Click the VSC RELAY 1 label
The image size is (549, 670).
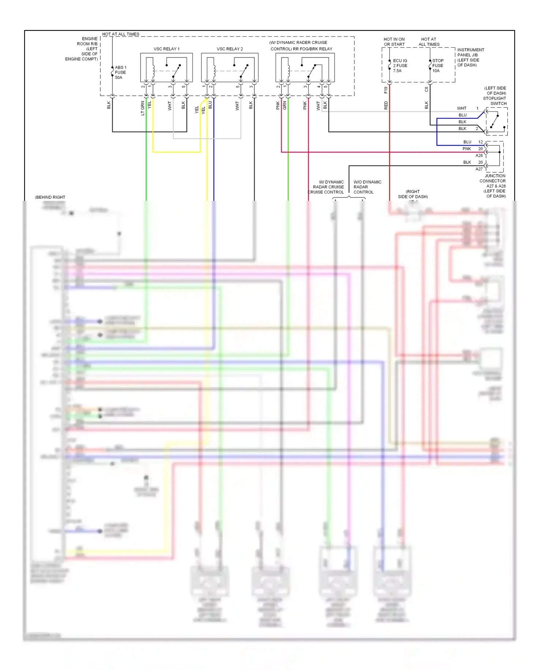pyautogui.click(x=167, y=49)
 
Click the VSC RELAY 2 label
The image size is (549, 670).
pyautogui.click(x=229, y=49)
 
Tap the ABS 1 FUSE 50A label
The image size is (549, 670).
pyautogui.click(x=120, y=73)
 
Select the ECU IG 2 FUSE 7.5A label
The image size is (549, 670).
pyautogui.click(x=400, y=66)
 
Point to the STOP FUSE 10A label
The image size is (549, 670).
pyautogui.click(x=438, y=66)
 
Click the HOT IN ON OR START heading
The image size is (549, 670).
pyautogui.click(x=394, y=42)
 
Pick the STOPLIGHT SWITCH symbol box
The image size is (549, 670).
pyautogui.click(x=496, y=122)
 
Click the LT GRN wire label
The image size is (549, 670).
pyautogui.click(x=143, y=108)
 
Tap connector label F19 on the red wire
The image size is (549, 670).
pyautogui.click(x=386, y=90)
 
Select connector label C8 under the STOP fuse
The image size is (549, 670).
pyautogui.click(x=426, y=89)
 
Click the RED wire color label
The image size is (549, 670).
pyautogui.click(x=386, y=106)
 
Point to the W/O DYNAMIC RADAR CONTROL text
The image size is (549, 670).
pyautogui.click(x=367, y=187)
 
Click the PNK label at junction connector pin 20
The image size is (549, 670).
pyautogui.click(x=467, y=149)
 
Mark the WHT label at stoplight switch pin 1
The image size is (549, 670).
pyautogui.click(x=462, y=108)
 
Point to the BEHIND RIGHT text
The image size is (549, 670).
pyautogui.click(x=50, y=197)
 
